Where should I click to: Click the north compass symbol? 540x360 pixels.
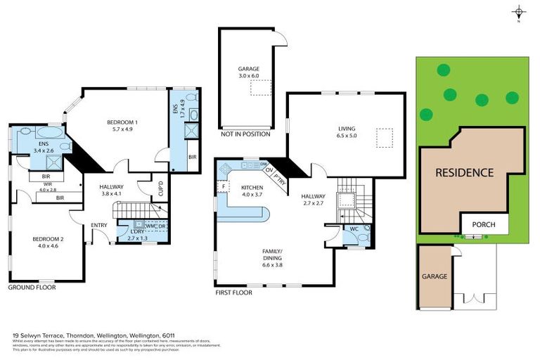coord(519,13)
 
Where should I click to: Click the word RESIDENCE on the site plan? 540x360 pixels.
coord(463,173)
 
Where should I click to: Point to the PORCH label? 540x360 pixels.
coord(482,225)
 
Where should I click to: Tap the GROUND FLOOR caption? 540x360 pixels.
coord(32,288)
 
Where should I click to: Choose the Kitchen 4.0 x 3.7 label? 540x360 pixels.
coord(251,191)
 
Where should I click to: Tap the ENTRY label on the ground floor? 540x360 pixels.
coord(99,225)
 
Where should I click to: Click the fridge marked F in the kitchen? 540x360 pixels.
coord(222,186)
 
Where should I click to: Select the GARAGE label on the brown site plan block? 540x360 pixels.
coord(434,276)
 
